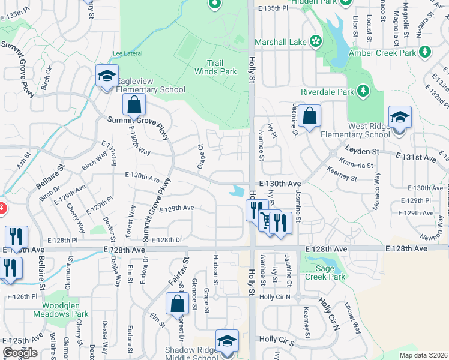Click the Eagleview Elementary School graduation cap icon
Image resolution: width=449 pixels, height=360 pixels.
click(107, 76)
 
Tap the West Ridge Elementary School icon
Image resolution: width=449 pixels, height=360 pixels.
click(400, 117)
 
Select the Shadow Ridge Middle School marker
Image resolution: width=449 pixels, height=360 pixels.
click(227, 341)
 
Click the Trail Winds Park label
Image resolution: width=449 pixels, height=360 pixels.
click(215, 67)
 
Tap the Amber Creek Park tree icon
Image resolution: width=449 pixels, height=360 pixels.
click(425, 53)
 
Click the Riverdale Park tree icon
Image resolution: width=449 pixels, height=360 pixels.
click(363, 91)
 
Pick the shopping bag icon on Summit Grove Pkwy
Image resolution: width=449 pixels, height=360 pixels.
click(134, 105)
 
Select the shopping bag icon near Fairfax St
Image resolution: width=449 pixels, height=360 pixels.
click(178, 304)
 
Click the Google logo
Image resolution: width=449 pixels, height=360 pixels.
click(20, 353)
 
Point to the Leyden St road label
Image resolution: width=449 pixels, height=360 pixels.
click(361, 151)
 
